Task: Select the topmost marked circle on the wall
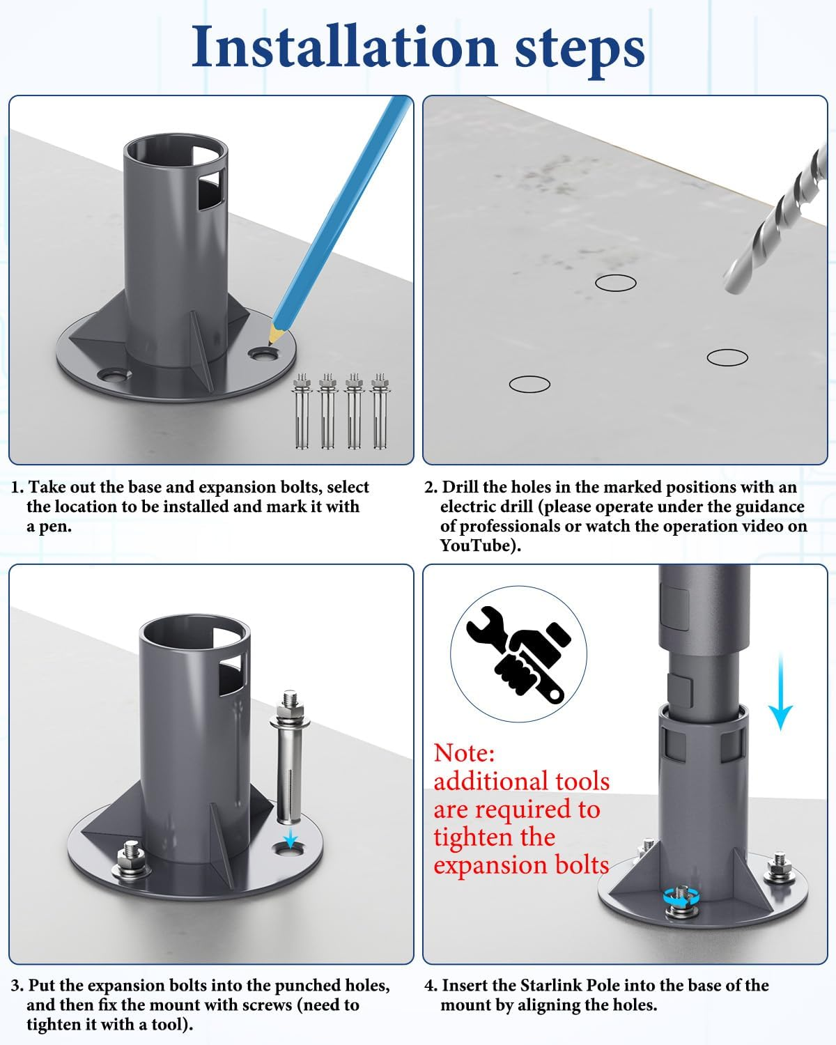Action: pyautogui.click(x=615, y=283)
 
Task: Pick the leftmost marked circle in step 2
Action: pyautogui.click(x=529, y=384)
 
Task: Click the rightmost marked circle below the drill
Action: pyautogui.click(x=727, y=357)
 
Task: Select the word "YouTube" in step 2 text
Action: pyautogui.click(x=475, y=545)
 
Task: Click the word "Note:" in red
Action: pyautogui.click(x=464, y=752)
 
